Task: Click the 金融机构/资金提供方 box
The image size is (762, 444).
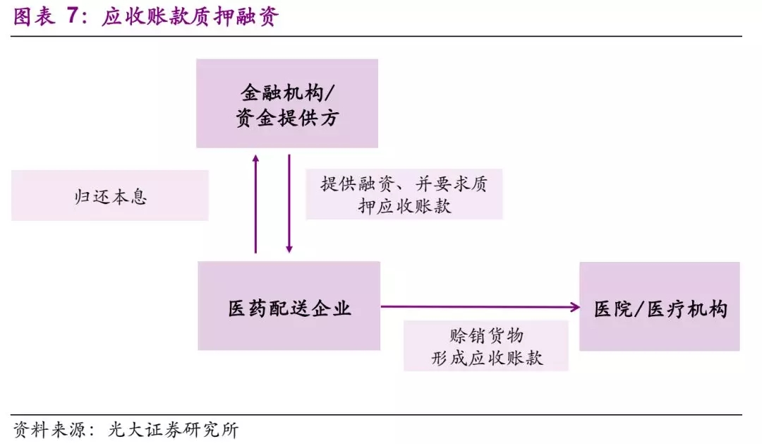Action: tap(286, 103)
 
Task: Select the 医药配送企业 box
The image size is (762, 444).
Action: tap(289, 306)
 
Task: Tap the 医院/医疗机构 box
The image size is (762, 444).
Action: tap(659, 306)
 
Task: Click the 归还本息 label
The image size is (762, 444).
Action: tap(110, 196)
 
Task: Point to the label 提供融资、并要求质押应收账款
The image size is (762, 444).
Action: tap(404, 194)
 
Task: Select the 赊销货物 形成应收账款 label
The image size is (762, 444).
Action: tap(486, 346)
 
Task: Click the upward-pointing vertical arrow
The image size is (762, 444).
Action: tap(255, 205)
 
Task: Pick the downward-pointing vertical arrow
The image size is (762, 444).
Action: tap(289, 205)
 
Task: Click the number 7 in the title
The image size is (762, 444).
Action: tap(73, 17)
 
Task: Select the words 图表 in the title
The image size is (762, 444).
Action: tap(34, 17)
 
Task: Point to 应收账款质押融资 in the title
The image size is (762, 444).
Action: tap(190, 17)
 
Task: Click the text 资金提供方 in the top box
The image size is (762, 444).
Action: tap(286, 118)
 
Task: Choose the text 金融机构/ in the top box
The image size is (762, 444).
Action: tap(286, 92)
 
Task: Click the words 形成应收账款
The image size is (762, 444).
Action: tap(486, 358)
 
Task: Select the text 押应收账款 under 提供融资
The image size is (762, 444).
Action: tap(404, 206)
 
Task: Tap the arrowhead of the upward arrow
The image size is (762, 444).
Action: tap(255, 158)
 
